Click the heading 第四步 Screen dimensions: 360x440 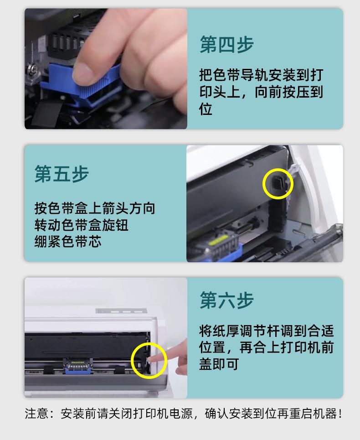click(x=226, y=44)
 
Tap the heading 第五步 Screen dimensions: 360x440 click(x=62, y=174)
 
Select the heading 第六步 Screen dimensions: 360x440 click(x=226, y=300)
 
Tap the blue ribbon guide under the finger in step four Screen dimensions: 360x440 click(x=81, y=86)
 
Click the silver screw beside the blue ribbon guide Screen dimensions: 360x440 click(x=31, y=69)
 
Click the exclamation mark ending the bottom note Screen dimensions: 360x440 click(x=340, y=414)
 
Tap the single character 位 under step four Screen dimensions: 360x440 click(x=206, y=109)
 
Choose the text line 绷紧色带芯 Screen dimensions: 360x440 click(x=68, y=241)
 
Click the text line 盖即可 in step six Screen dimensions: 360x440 click(x=219, y=364)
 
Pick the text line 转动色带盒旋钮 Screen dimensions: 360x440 click(x=81, y=225)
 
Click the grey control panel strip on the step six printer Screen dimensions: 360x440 click(x=121, y=311)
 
